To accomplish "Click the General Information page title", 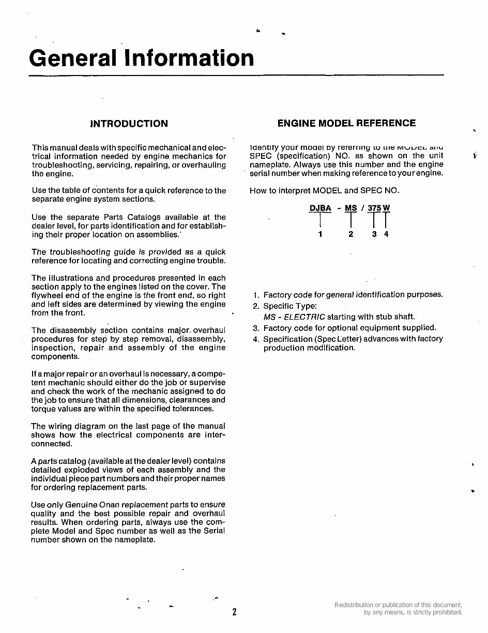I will [141, 58].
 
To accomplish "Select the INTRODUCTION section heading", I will [129, 124].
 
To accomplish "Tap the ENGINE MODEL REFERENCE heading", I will [346, 123].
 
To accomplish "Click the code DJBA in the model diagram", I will [320, 208].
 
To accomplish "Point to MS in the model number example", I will [351, 208].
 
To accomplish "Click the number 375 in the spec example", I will [374, 208].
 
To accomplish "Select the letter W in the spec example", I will [386, 208].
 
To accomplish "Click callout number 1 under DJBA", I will [320, 234].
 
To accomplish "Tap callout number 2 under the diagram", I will [351, 234].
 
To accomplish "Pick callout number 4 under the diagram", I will [386, 234].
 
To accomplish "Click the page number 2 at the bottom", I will [234, 612].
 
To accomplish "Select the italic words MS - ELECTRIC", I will [294, 317].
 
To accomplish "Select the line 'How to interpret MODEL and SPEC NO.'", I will [324, 190].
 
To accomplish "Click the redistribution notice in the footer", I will [398, 609].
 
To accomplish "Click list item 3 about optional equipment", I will [349, 328].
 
